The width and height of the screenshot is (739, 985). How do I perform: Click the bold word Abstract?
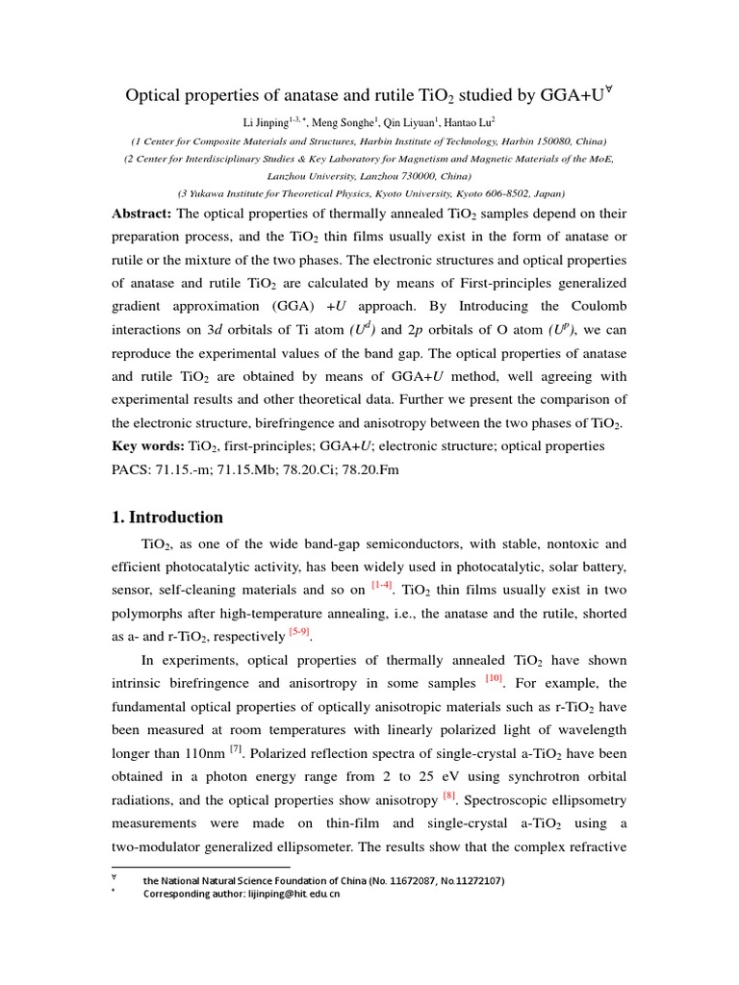[142, 214]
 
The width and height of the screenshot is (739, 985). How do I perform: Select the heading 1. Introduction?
[167, 517]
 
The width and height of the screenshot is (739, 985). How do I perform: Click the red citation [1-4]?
[383, 585]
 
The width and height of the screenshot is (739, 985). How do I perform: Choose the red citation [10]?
[494, 678]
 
